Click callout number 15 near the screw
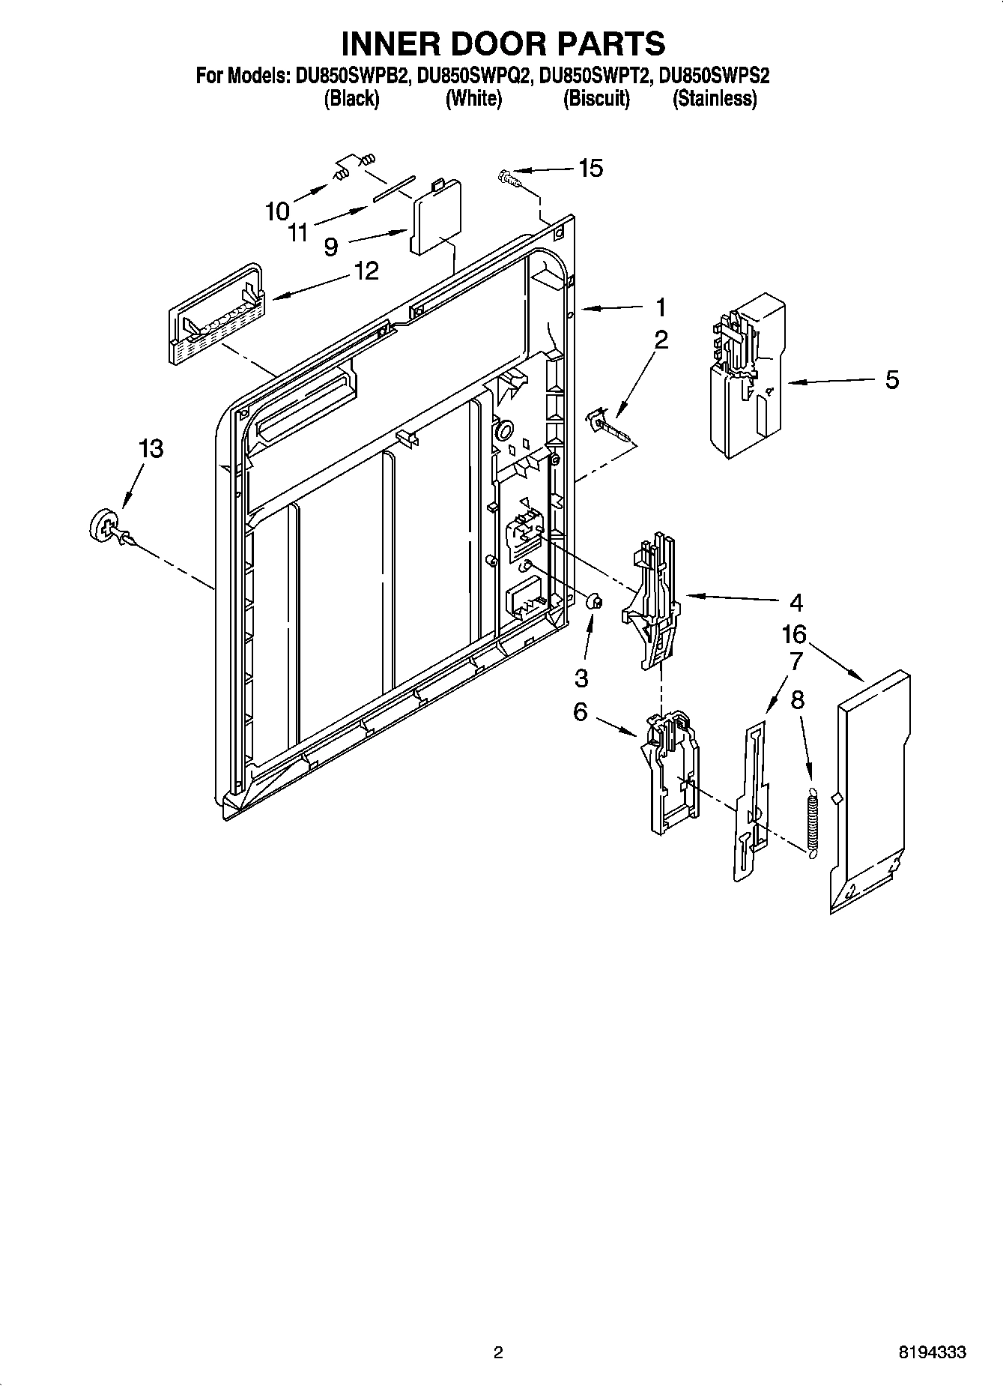click(590, 169)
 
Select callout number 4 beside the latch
click(796, 602)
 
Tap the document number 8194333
click(932, 1353)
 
